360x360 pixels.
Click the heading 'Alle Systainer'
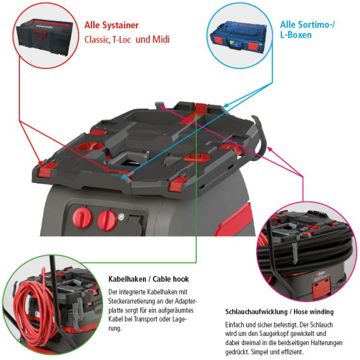[x=112, y=25]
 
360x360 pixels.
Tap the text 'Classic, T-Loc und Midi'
[x=127, y=39]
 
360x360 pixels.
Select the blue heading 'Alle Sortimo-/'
[x=307, y=25]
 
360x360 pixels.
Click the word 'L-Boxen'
[x=296, y=35]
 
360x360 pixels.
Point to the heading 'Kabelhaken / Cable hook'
[x=149, y=279]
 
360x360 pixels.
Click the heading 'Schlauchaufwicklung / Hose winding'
[x=279, y=312]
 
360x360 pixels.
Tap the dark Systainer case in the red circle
[x=44, y=37]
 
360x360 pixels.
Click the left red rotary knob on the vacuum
[x=82, y=217]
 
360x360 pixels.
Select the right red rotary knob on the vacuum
[x=107, y=221]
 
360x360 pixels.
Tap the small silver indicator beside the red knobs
[x=121, y=217]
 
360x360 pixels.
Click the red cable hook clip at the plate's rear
[x=201, y=109]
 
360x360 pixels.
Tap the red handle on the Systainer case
[x=40, y=35]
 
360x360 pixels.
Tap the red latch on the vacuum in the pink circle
[x=321, y=286]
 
